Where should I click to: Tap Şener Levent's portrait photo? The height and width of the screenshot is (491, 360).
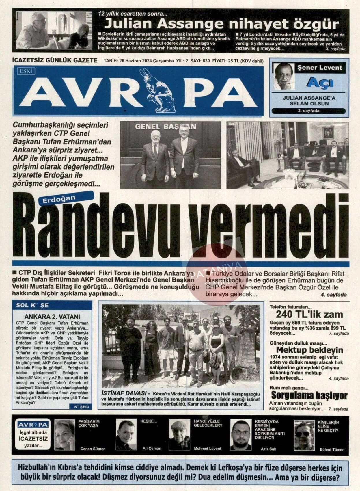point(284,76)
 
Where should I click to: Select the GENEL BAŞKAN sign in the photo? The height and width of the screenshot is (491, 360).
point(165,127)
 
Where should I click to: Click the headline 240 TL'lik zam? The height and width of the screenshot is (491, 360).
point(309,314)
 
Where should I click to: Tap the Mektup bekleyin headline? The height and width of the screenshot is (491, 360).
point(310,350)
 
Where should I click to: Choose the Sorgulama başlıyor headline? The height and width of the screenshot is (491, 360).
point(309,395)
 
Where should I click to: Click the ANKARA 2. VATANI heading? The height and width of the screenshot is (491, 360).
point(52,317)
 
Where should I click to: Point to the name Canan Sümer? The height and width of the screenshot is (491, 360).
point(92,449)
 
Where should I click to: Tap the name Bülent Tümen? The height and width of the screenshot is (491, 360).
point(332,449)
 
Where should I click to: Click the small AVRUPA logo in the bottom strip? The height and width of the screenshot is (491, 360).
point(33,425)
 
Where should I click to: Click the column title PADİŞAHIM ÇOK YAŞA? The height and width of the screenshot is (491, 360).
point(89,423)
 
